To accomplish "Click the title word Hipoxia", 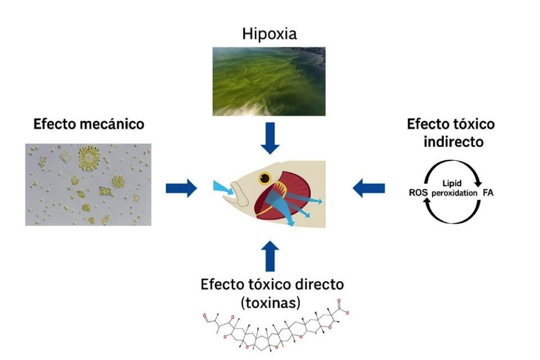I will [x=269, y=35].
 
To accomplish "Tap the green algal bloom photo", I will [x=269, y=81].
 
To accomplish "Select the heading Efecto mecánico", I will [x=89, y=124].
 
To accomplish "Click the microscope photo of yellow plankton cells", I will [x=88, y=184].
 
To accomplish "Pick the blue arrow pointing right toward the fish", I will [x=181, y=188].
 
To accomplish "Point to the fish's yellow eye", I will [x=265, y=178].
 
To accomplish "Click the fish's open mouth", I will [x=238, y=195].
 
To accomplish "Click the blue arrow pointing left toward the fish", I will [x=368, y=188].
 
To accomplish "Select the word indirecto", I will [x=450, y=142].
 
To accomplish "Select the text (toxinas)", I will [x=269, y=303].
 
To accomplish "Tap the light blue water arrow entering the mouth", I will [x=221, y=187].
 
